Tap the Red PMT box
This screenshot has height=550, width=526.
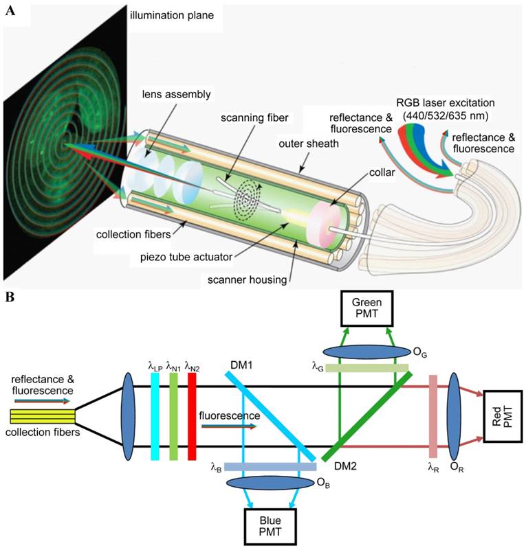tap(501, 418)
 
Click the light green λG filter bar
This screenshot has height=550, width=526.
tap(367, 369)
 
